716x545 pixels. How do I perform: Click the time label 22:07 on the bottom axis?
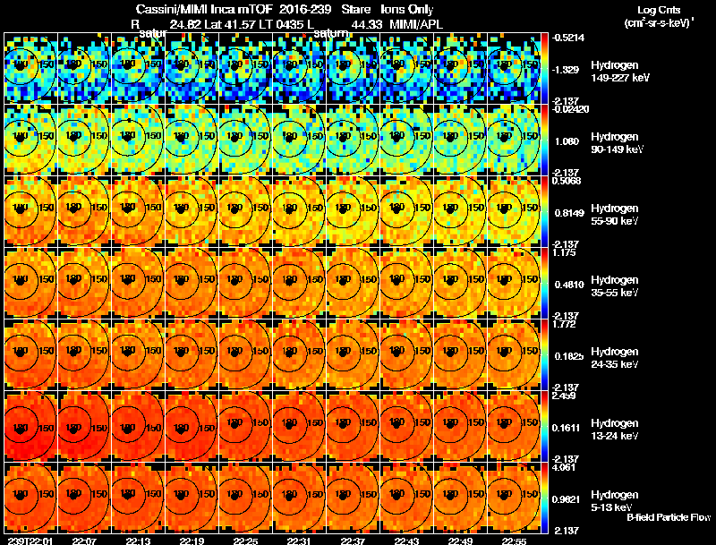click(x=85, y=541)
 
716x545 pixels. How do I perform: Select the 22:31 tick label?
click(x=300, y=541)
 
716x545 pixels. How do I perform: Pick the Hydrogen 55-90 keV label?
click(x=617, y=215)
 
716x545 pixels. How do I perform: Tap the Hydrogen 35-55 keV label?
click(x=617, y=286)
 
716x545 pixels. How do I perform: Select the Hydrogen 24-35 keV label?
click(x=617, y=358)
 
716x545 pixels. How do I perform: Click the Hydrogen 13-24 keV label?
click(x=617, y=430)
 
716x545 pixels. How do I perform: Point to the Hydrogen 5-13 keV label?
click(x=615, y=501)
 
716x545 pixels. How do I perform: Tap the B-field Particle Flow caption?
click(x=668, y=517)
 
